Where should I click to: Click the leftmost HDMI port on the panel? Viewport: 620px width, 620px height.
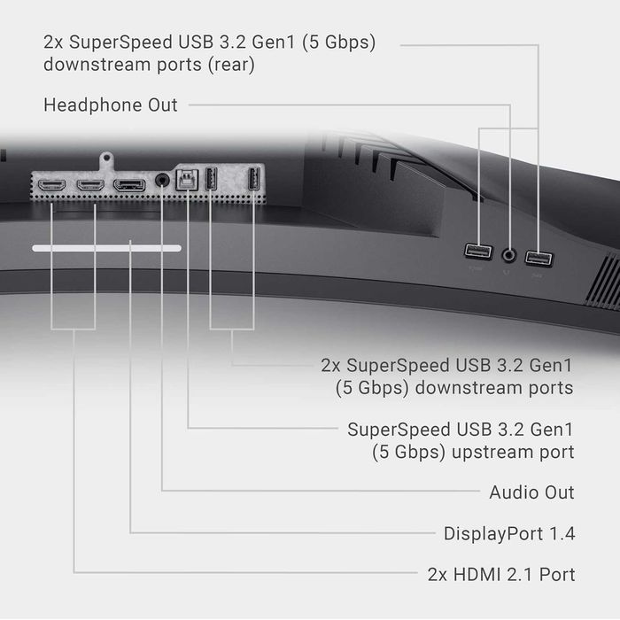[51, 184]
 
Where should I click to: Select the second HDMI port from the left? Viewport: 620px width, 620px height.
[90, 184]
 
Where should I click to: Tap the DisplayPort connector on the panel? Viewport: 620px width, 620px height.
[129, 185]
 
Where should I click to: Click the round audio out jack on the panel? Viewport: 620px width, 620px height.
[162, 181]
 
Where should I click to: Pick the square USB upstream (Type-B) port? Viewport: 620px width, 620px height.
[187, 180]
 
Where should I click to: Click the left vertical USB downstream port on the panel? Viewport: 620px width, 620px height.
[211, 179]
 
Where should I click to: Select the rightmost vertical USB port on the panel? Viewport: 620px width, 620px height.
[253, 179]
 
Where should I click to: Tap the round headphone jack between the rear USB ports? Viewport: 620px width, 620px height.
[509, 255]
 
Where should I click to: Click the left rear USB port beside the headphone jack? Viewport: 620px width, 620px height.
[478, 252]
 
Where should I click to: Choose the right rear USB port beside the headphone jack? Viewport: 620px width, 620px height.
[539, 259]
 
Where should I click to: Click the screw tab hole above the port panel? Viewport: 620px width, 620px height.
[106, 159]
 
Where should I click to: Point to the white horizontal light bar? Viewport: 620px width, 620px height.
[107, 248]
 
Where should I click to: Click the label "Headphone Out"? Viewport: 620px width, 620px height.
[111, 105]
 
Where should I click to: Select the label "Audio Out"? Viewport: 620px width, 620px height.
[531, 492]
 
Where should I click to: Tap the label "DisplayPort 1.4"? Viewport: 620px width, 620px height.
[509, 534]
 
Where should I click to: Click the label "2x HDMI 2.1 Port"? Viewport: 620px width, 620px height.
[501, 575]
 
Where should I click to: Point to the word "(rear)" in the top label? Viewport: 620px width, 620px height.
[231, 66]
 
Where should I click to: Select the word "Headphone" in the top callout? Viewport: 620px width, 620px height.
[93, 105]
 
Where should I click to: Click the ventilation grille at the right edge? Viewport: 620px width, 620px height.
[603, 281]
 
